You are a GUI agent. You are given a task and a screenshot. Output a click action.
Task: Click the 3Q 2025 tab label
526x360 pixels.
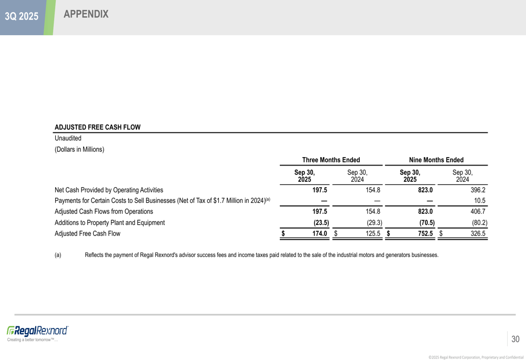pos(22,16)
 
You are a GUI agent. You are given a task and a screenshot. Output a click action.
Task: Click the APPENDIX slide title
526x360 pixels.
pos(86,15)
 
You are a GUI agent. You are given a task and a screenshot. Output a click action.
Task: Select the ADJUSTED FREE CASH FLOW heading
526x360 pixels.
pos(97,127)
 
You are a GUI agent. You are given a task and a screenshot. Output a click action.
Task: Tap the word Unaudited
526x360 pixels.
pos(68,138)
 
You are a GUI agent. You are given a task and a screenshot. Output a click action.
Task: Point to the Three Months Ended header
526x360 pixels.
pos(335,160)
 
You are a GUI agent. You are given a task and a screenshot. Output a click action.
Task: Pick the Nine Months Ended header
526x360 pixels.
pos(436,160)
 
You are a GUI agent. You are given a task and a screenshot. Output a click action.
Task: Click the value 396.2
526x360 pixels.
pos(478,190)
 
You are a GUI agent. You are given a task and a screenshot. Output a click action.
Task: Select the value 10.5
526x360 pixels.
pos(480,201)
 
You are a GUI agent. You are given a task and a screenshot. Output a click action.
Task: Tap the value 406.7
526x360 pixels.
pos(478,211)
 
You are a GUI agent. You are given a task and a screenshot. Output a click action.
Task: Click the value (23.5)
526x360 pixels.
pos(321,222)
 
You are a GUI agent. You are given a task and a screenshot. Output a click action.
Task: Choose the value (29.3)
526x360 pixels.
pos(374,222)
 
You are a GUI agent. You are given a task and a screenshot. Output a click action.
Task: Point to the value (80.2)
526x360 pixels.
pos(479,222)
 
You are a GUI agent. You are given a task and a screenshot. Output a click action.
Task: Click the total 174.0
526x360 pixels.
pos(320,233)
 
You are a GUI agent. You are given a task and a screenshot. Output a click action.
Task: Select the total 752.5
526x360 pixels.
pos(425,233)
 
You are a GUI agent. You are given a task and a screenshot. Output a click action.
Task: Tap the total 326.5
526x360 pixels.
pos(478,233)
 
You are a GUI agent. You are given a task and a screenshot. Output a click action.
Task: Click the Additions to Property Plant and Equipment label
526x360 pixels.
pos(109,222)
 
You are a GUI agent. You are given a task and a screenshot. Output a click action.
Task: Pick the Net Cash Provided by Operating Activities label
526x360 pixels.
pos(109,190)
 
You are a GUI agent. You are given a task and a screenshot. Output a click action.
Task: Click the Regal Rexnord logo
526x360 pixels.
pos(37,331)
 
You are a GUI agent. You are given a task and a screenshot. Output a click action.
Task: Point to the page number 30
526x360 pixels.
pos(515,340)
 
